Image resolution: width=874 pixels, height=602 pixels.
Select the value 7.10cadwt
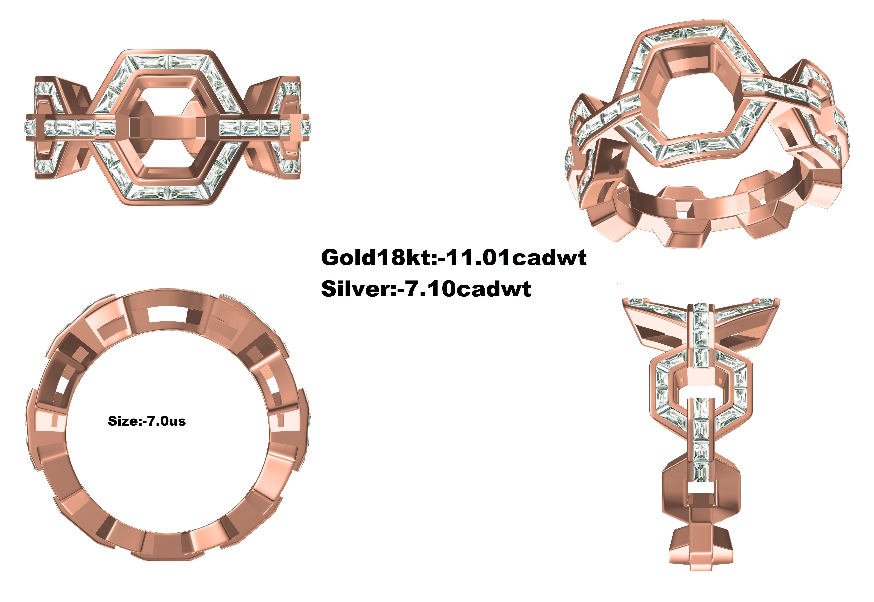pyautogui.click(x=468, y=289)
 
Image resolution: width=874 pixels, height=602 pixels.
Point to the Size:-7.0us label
pyautogui.click(x=147, y=421)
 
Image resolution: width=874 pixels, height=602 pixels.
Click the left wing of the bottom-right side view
pyautogui.click(x=657, y=321)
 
